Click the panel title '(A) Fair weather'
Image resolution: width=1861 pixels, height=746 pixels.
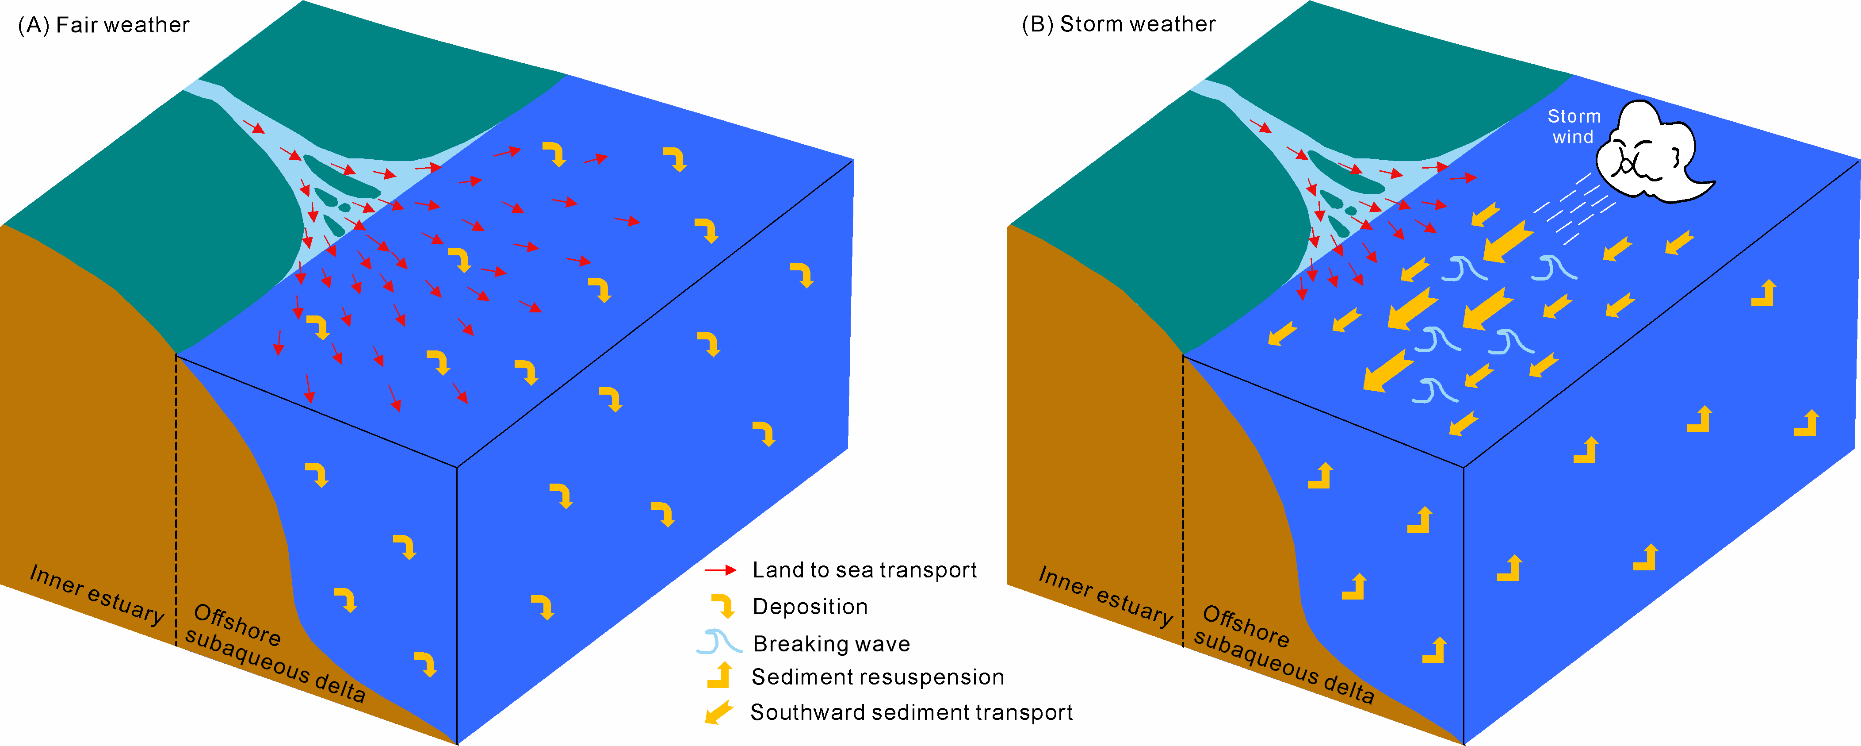pos(103,25)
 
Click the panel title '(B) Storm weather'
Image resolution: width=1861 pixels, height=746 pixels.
pos(1118,25)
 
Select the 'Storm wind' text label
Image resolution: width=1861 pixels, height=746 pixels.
pos(1574,127)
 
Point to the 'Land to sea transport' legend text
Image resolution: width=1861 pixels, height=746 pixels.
pos(864,570)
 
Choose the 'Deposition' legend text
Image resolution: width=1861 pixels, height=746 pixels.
pos(810,607)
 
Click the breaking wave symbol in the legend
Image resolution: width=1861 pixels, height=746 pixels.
pos(719,642)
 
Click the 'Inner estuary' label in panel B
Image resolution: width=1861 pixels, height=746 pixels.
pos(1105,596)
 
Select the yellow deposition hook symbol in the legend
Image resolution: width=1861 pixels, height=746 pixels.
pos(723,606)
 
